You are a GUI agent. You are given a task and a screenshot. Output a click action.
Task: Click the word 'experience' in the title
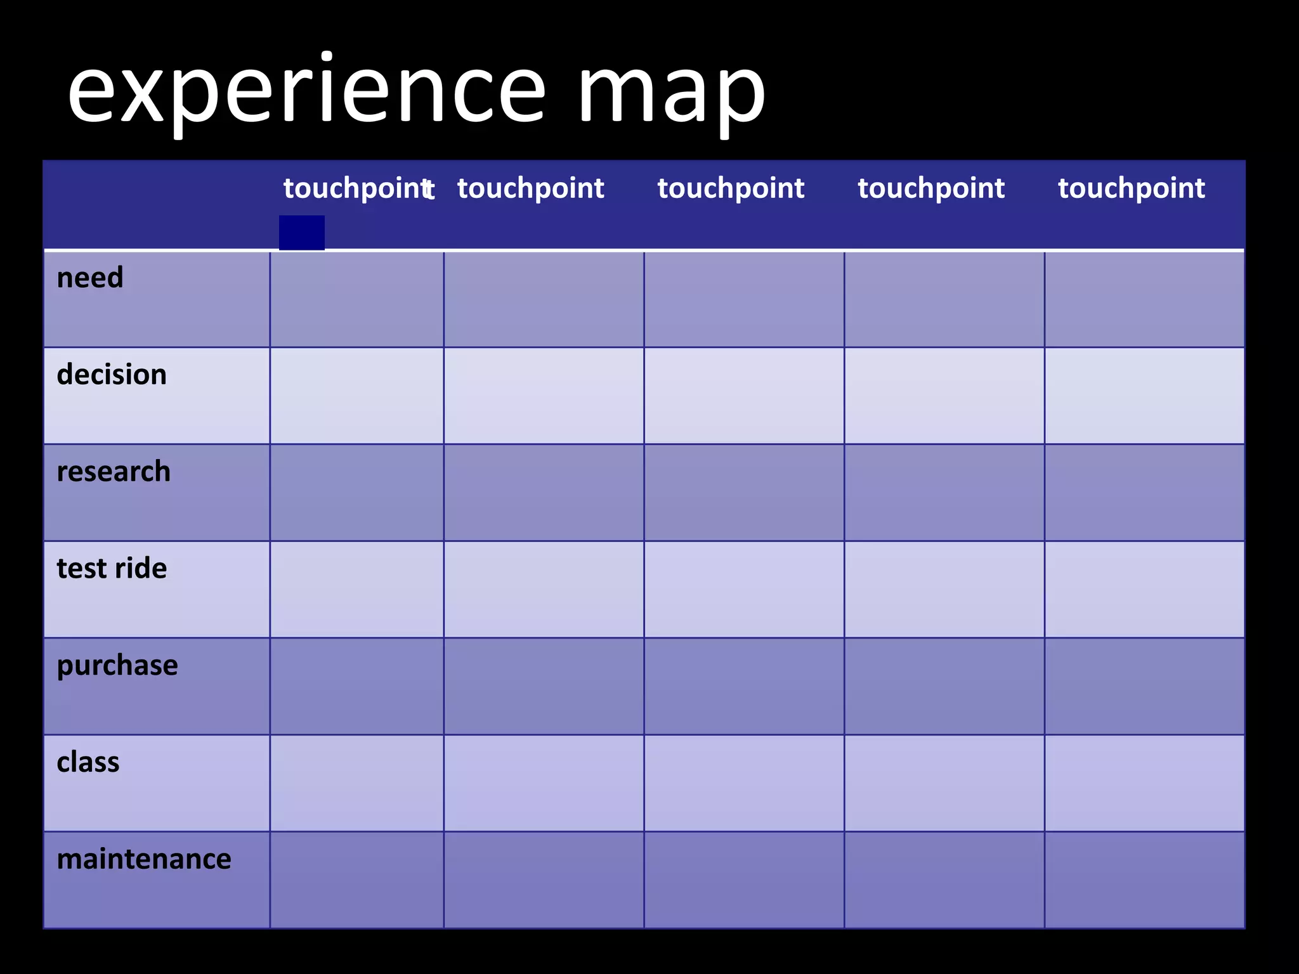point(306,92)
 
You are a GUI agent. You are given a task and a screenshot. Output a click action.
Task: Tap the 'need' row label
point(90,278)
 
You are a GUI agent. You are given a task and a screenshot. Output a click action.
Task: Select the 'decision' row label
point(112,375)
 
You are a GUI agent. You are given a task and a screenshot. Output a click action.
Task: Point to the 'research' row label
point(114,472)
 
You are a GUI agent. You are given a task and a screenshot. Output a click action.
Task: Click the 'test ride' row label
point(112,569)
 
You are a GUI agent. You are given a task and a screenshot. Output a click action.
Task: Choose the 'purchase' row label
point(117,666)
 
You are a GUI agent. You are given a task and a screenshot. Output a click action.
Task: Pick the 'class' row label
point(88,762)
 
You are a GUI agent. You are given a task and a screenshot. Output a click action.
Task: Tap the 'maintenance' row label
point(144,859)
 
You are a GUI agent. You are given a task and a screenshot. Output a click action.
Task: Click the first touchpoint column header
point(356,188)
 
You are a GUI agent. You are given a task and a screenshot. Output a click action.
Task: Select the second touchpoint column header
point(531,188)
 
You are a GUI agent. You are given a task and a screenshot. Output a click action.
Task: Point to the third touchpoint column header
point(731,188)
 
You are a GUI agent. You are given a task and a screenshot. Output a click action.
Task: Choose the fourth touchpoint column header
point(931,188)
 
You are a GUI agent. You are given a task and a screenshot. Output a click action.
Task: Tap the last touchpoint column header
point(1132,188)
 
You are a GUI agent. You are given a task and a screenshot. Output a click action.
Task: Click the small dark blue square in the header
point(302,233)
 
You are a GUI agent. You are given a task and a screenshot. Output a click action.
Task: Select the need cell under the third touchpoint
point(744,299)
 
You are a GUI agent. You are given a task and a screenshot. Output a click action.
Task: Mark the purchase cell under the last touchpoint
point(1144,686)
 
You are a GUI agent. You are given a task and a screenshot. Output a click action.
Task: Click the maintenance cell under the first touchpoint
point(356,880)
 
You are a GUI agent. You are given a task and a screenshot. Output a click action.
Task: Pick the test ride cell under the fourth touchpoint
point(944,589)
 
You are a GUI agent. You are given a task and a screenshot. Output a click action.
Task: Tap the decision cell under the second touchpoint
point(544,396)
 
